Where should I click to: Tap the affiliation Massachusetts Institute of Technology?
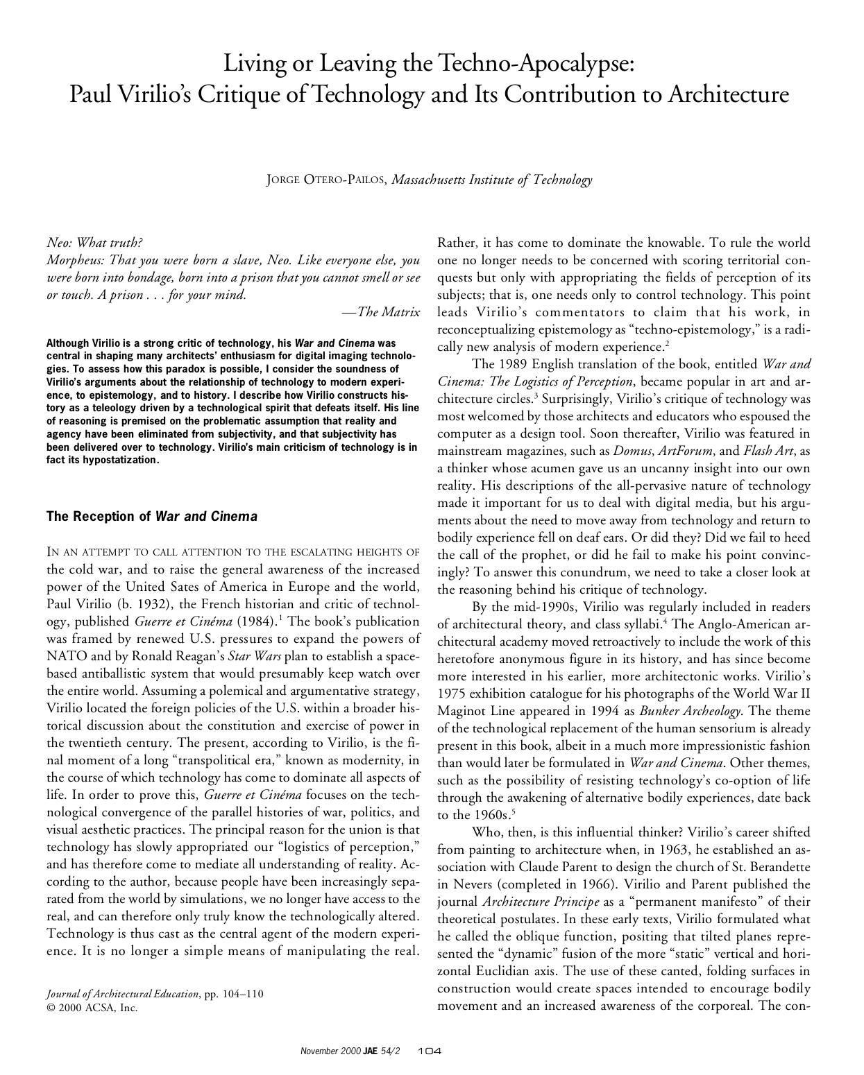(x=491, y=180)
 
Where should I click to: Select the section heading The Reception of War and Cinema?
(x=151, y=517)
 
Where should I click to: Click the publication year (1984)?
(x=256, y=621)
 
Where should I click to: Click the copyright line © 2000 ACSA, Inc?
(x=92, y=1008)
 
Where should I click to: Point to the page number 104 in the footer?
(x=430, y=1051)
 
